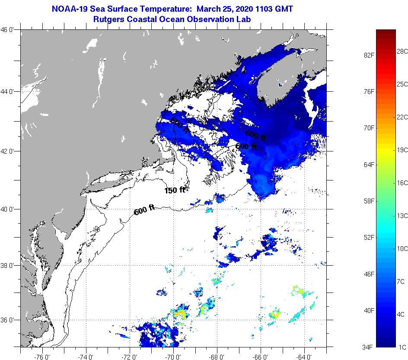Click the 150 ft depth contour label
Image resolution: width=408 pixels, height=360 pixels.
click(x=174, y=190)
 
